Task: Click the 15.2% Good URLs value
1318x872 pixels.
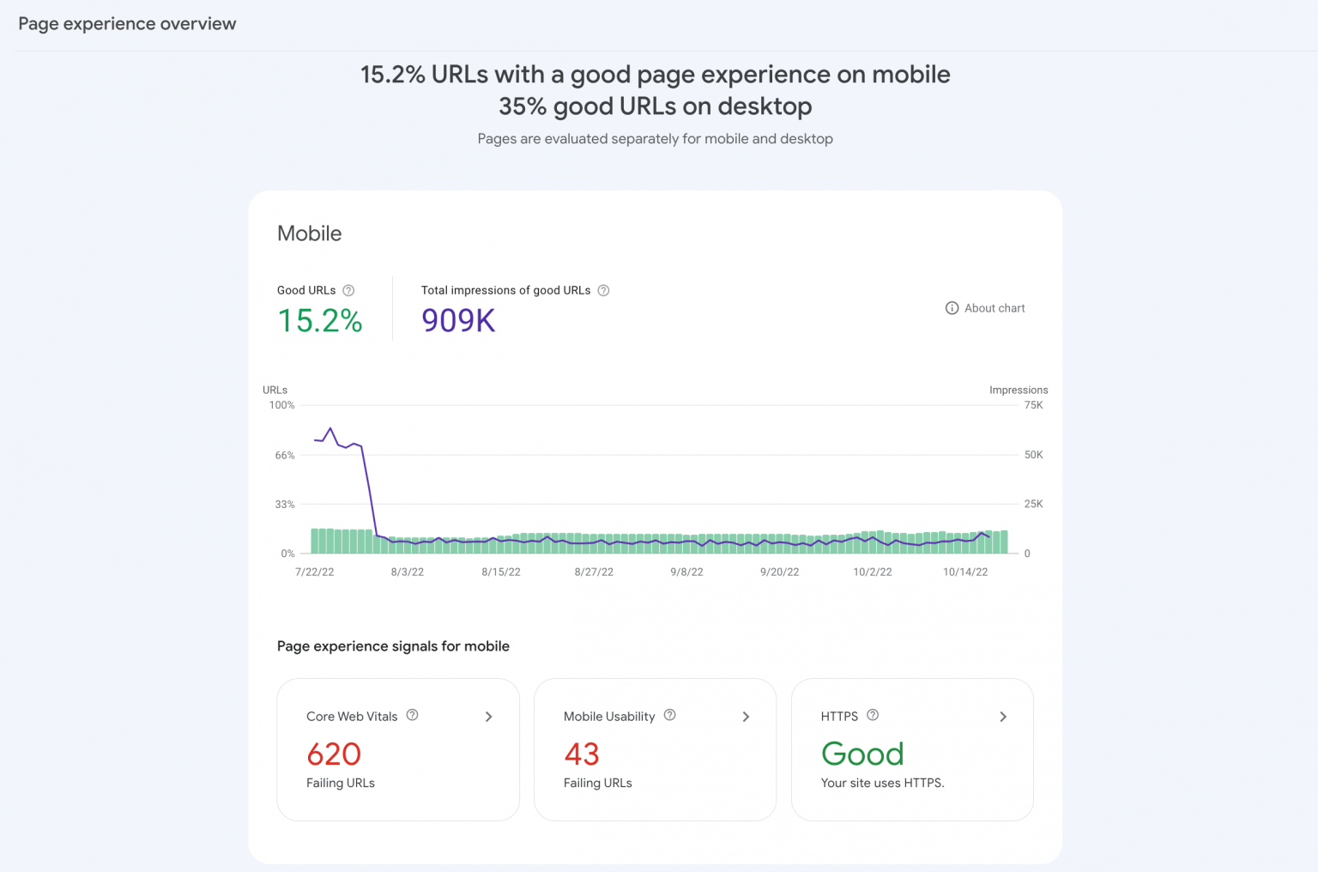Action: (319, 321)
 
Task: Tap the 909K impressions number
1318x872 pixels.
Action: (458, 321)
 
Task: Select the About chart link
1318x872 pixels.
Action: (985, 308)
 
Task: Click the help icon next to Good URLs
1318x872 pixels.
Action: (348, 290)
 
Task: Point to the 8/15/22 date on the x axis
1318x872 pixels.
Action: (501, 572)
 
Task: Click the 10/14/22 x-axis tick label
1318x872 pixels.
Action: (965, 572)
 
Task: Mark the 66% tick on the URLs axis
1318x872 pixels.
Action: (285, 456)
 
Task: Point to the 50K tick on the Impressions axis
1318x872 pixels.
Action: (1033, 455)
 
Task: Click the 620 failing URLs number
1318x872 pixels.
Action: (334, 754)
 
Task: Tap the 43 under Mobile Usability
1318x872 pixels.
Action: (582, 754)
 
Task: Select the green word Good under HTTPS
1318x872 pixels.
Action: (862, 754)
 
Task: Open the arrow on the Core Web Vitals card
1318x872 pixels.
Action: (489, 717)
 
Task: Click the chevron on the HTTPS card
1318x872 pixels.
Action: (1003, 717)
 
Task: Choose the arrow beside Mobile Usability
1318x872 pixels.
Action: (747, 717)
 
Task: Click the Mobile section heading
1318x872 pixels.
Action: (310, 233)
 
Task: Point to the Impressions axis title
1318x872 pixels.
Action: (1019, 390)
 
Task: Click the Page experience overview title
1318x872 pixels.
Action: (127, 24)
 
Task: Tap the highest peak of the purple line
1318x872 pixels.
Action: (330, 428)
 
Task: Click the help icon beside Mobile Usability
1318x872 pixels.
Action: (670, 715)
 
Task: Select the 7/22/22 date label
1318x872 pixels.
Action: (315, 572)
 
